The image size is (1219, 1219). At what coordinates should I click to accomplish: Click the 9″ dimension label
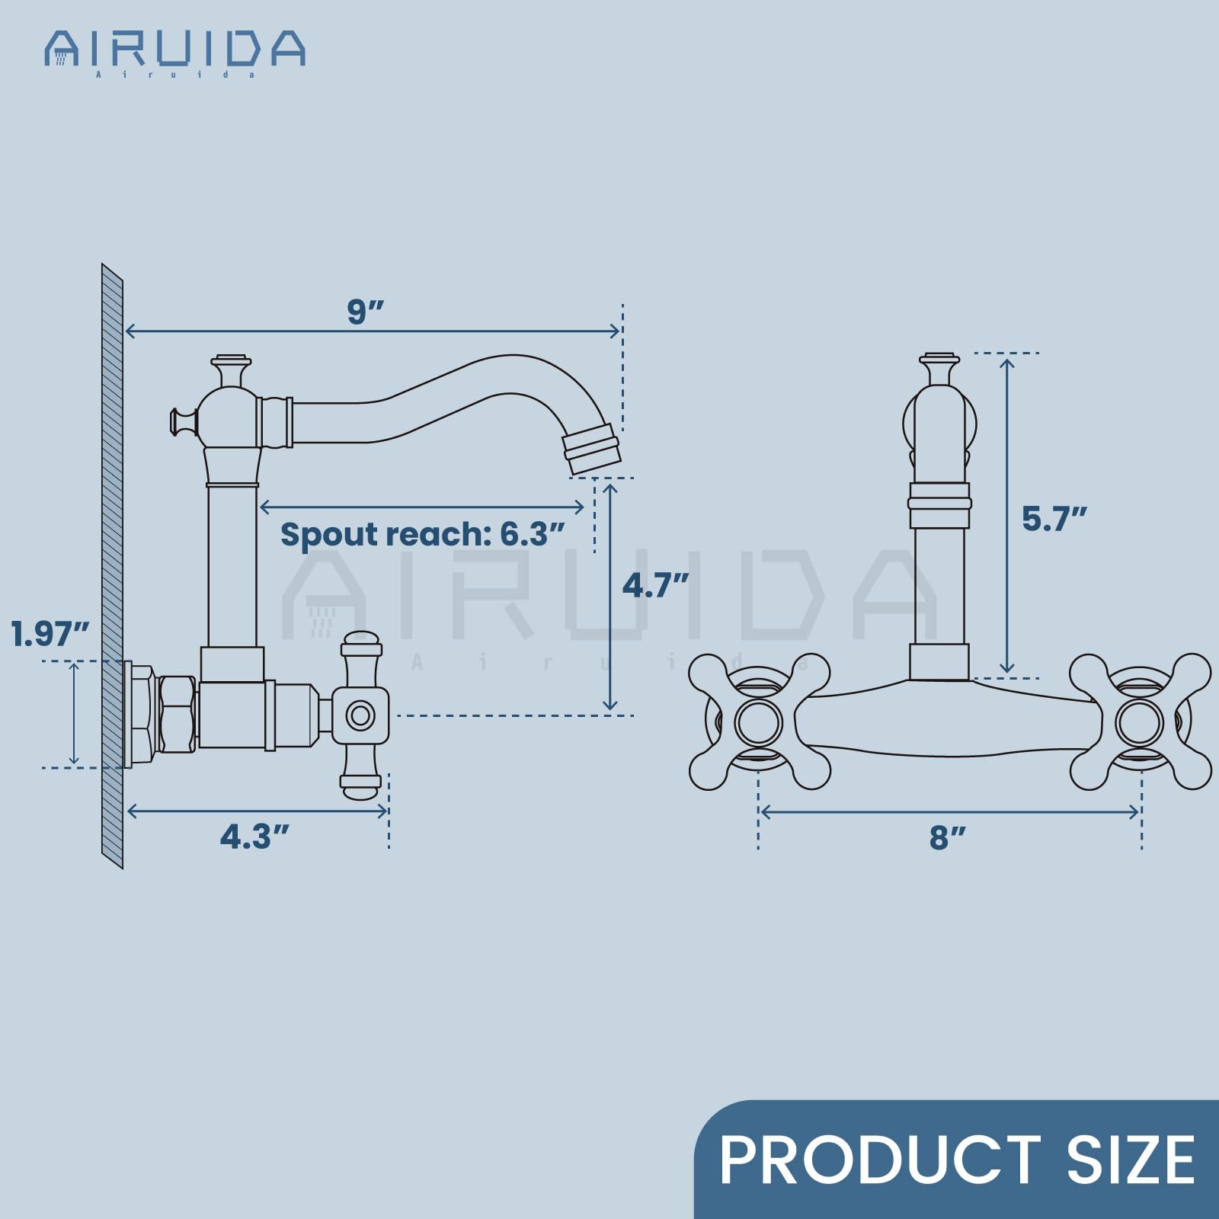click(365, 311)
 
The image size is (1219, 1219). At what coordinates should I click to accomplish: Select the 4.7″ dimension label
click(655, 585)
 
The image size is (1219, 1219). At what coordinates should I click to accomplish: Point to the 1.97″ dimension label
click(50, 634)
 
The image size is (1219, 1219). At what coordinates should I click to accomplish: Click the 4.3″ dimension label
click(255, 837)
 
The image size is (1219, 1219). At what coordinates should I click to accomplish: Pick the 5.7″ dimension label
click(1054, 519)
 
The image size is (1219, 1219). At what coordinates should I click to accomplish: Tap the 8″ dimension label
click(947, 837)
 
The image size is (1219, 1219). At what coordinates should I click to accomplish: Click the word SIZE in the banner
click(1131, 1160)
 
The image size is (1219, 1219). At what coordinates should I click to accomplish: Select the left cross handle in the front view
click(759, 721)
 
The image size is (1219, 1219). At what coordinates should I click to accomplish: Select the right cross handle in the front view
click(1140, 721)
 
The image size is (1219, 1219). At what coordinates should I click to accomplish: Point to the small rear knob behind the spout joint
click(181, 421)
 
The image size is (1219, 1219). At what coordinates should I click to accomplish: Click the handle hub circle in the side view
click(360, 715)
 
